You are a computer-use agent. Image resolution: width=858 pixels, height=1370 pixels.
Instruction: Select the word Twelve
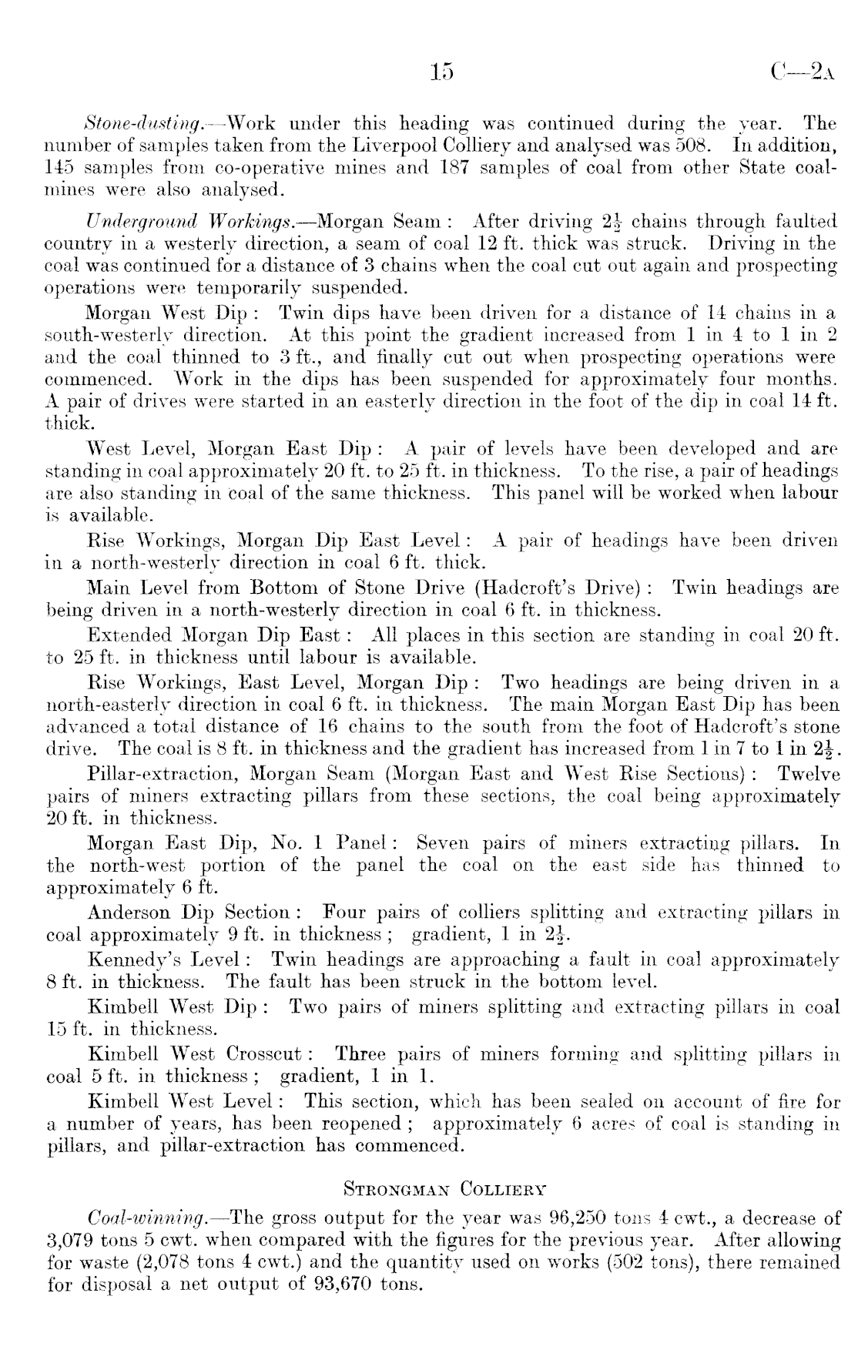(809, 773)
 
